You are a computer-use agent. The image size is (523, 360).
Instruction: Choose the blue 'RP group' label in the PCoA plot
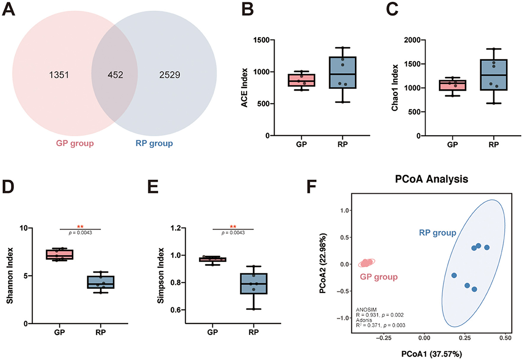click(x=437, y=233)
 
